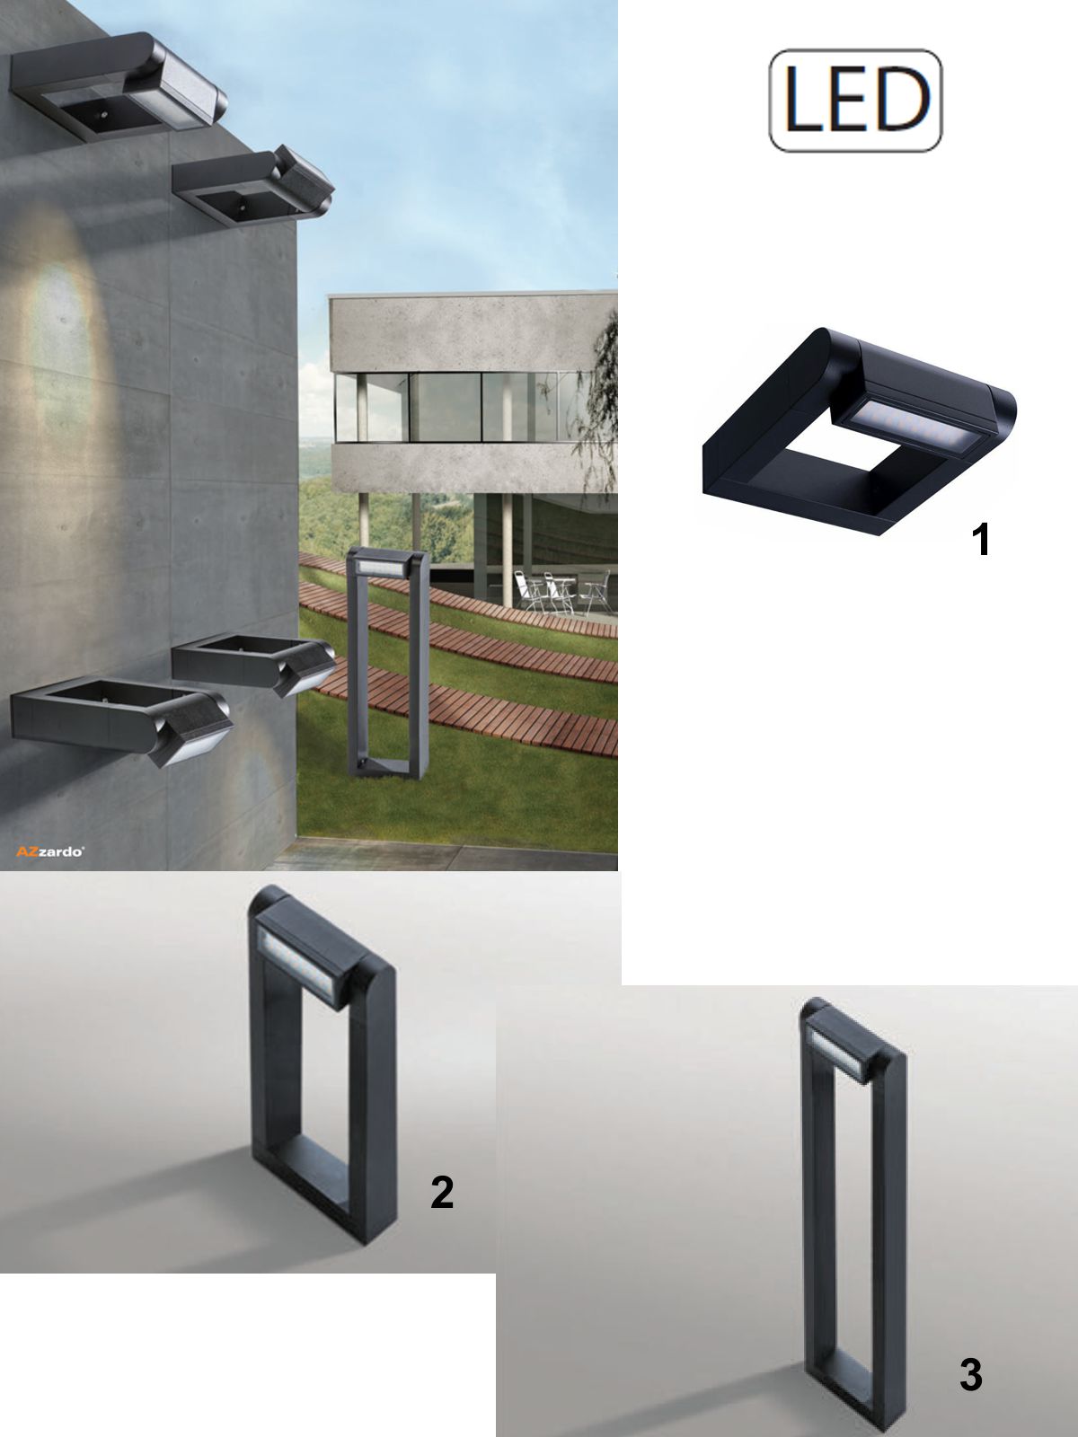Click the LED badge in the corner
[x=855, y=101]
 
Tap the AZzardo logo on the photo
[x=49, y=851]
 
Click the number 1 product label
[x=980, y=540]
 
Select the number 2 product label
[x=442, y=1192]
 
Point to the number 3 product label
[x=971, y=1375]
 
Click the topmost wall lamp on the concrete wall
[x=118, y=87]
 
